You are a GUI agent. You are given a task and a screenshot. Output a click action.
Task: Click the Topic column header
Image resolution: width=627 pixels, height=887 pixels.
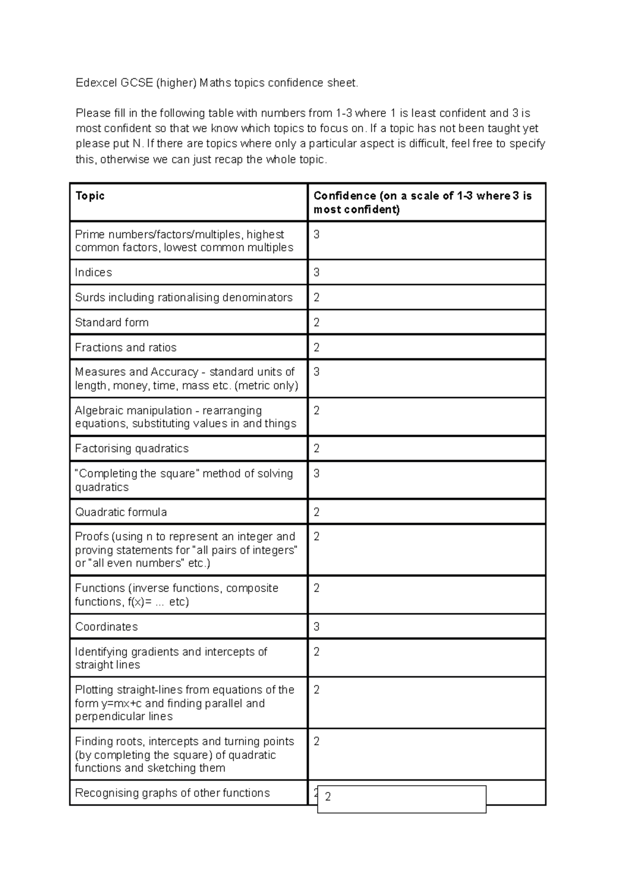pos(90,196)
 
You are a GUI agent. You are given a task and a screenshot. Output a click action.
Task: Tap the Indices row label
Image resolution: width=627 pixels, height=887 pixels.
pos(94,273)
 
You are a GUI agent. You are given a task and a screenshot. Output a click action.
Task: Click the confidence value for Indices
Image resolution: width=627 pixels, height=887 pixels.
pos(317,273)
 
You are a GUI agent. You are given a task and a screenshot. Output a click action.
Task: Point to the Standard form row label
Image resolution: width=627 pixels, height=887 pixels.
pos(112,323)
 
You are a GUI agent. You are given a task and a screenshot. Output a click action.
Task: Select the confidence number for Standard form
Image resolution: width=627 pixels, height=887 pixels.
pos(317,323)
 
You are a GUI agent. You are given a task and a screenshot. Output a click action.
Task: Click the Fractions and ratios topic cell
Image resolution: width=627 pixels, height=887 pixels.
pos(126,348)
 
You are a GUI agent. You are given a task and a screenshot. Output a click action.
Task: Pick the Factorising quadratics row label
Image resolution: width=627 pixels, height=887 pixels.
pos(132,449)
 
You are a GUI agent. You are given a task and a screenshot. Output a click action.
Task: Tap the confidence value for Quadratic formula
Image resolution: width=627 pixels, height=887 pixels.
pos(317,512)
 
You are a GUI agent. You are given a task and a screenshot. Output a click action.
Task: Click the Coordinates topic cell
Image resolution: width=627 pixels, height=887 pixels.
pos(107,627)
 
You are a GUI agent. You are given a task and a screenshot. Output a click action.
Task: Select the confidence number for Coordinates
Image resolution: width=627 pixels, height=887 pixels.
pos(317,627)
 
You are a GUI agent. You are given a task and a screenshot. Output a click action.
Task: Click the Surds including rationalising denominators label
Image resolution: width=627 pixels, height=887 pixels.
pos(184,298)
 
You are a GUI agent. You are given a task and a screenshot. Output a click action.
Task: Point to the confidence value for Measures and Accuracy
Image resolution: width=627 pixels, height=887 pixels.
pos(317,372)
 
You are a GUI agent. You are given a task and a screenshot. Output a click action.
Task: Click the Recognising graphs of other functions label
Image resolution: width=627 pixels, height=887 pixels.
pos(172,793)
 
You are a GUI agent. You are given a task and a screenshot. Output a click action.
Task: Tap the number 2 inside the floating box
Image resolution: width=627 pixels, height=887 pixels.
pos(328,797)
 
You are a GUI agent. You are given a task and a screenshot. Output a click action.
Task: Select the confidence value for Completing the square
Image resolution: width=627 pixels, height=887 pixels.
pos(317,474)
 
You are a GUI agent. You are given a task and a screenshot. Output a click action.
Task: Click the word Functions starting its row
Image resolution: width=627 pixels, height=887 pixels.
pos(99,588)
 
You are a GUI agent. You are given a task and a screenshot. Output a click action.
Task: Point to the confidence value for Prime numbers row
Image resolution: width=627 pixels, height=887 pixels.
pos(317,235)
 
